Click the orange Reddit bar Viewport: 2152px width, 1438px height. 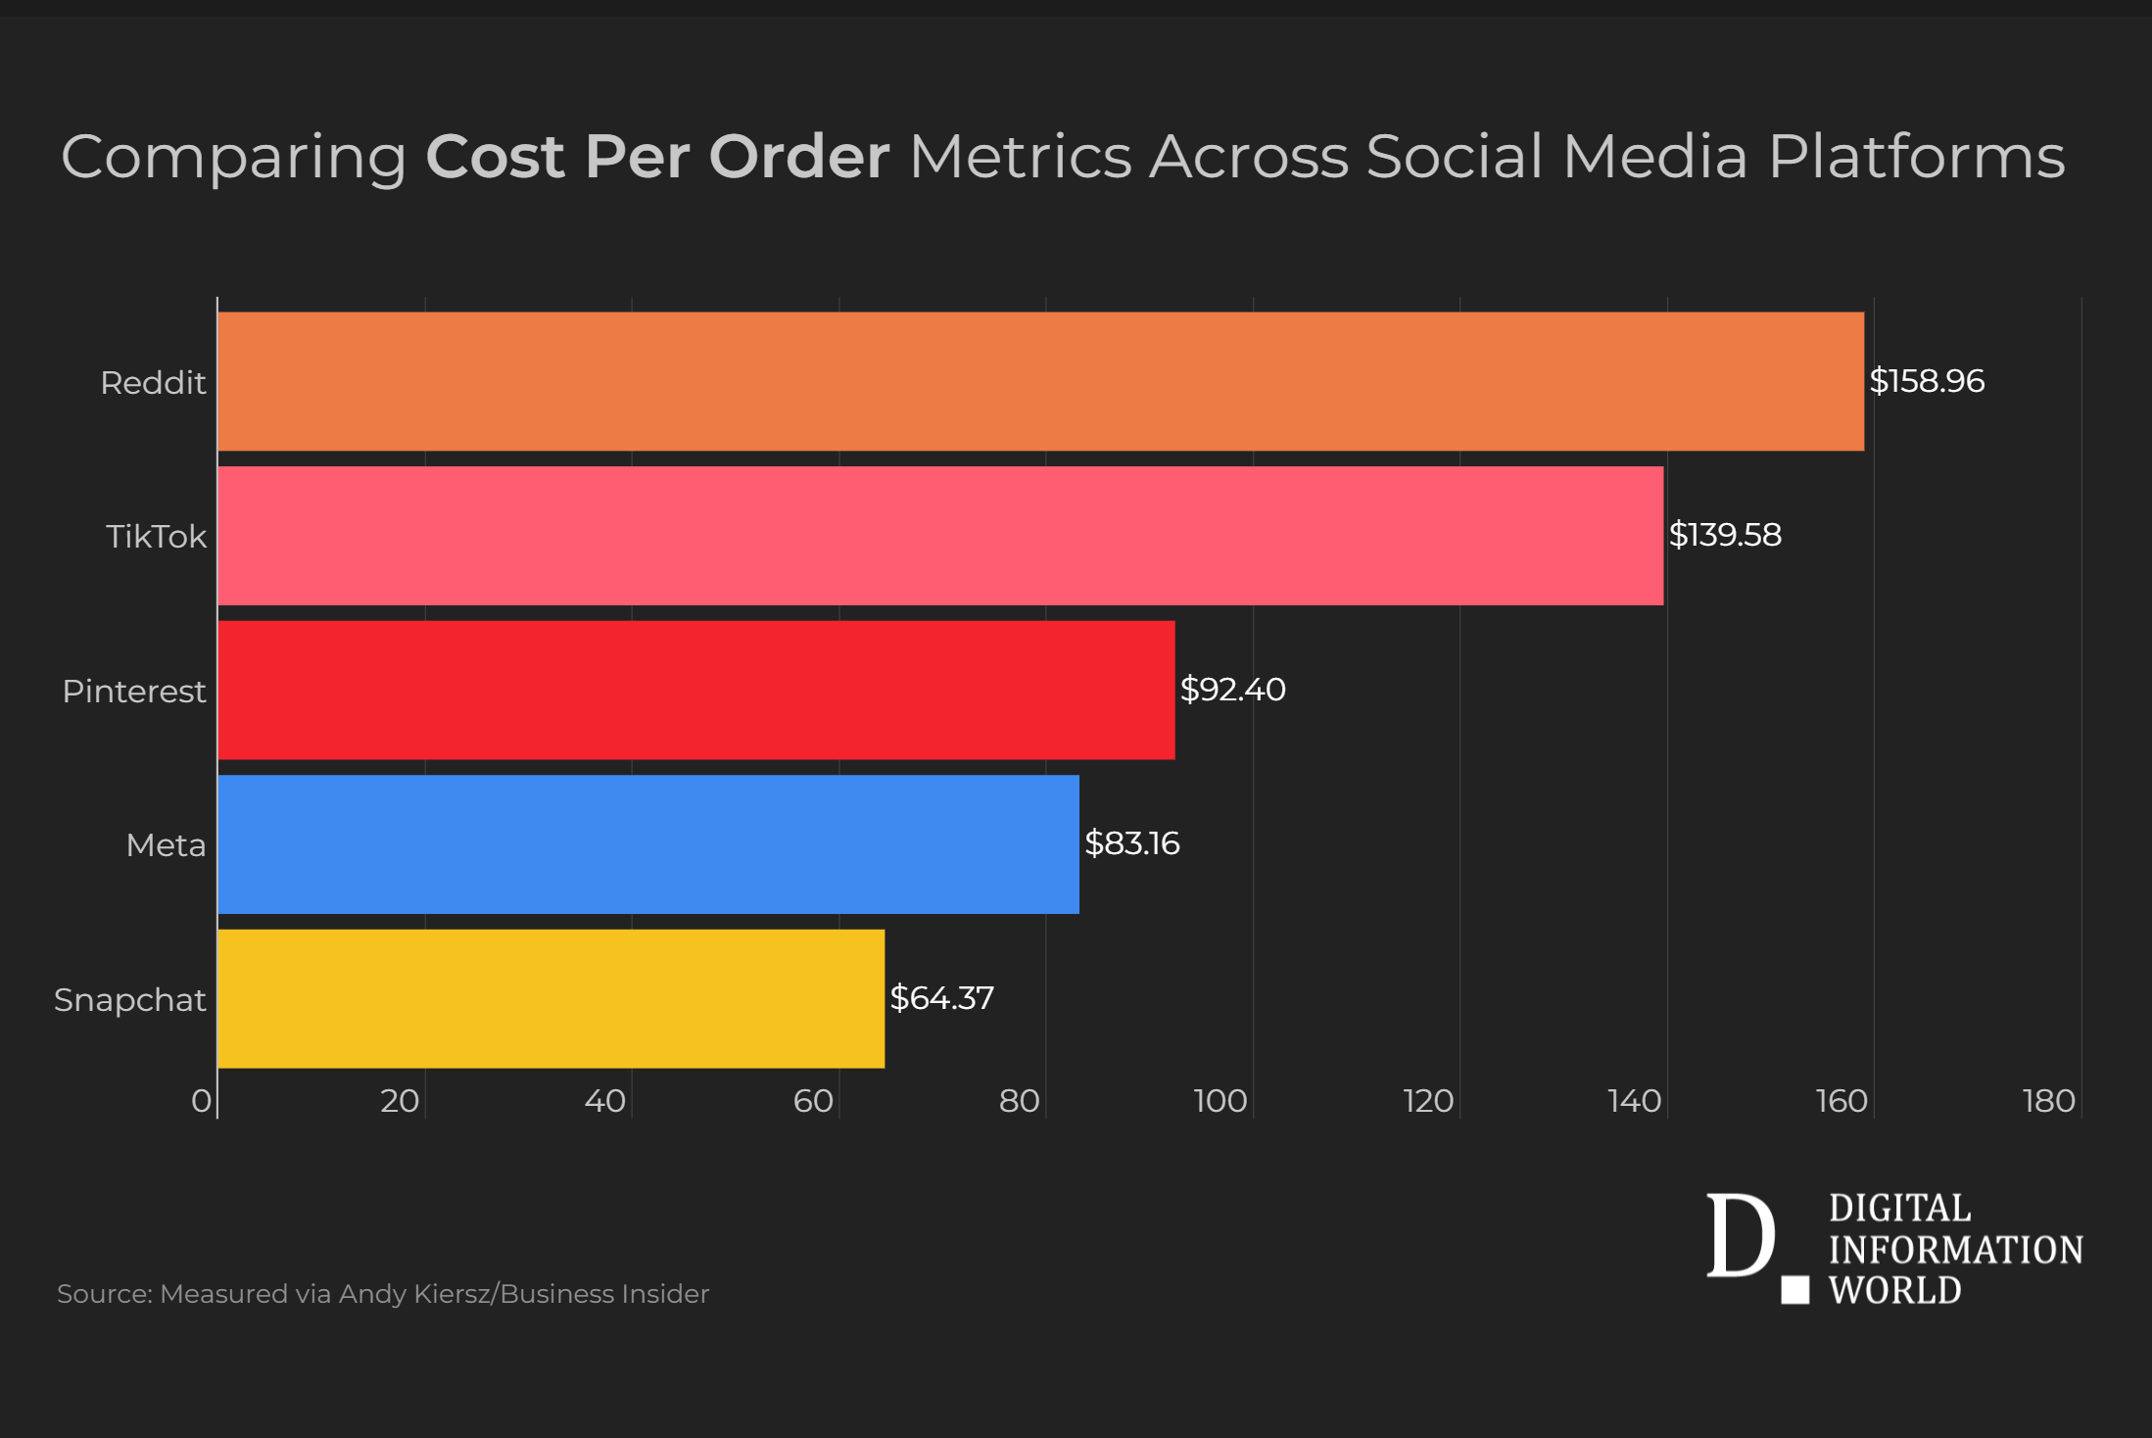click(1040, 382)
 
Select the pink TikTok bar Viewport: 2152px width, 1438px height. click(940, 536)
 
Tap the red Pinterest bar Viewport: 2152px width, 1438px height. click(696, 690)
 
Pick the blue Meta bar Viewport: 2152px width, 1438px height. click(648, 844)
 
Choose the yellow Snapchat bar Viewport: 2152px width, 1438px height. click(550, 998)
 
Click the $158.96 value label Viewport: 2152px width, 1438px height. click(1927, 381)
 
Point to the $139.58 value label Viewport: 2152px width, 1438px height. click(1725, 535)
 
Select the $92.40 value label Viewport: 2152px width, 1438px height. click(1232, 690)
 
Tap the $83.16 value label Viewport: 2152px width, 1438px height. click(1131, 843)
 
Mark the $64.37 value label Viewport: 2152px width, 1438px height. click(941, 998)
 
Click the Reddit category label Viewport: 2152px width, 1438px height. click(153, 383)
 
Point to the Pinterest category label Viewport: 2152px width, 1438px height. click(134, 692)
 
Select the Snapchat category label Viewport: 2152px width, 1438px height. click(130, 1000)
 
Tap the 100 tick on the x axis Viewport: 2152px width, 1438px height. click(1220, 1102)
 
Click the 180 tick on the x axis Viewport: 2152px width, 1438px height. click(2049, 1102)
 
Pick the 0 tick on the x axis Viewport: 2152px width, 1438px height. click(201, 1102)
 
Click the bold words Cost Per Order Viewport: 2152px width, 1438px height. click(657, 157)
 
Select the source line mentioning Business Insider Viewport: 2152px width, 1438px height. click(383, 1294)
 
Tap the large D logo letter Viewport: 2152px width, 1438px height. click(1741, 1236)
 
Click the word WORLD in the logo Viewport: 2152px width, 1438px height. click(1895, 1291)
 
